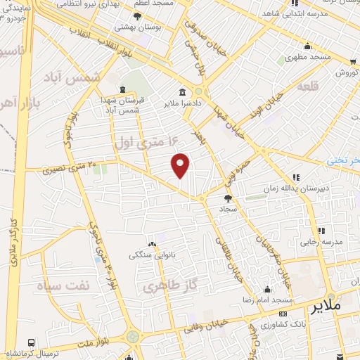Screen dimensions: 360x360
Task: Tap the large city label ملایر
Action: (324, 307)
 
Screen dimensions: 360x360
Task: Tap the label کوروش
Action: (347, 72)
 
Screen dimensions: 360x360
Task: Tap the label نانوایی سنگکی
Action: (150, 255)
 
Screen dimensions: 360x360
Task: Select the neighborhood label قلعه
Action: (309, 87)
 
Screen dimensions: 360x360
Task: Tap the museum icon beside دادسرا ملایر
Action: (183, 92)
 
